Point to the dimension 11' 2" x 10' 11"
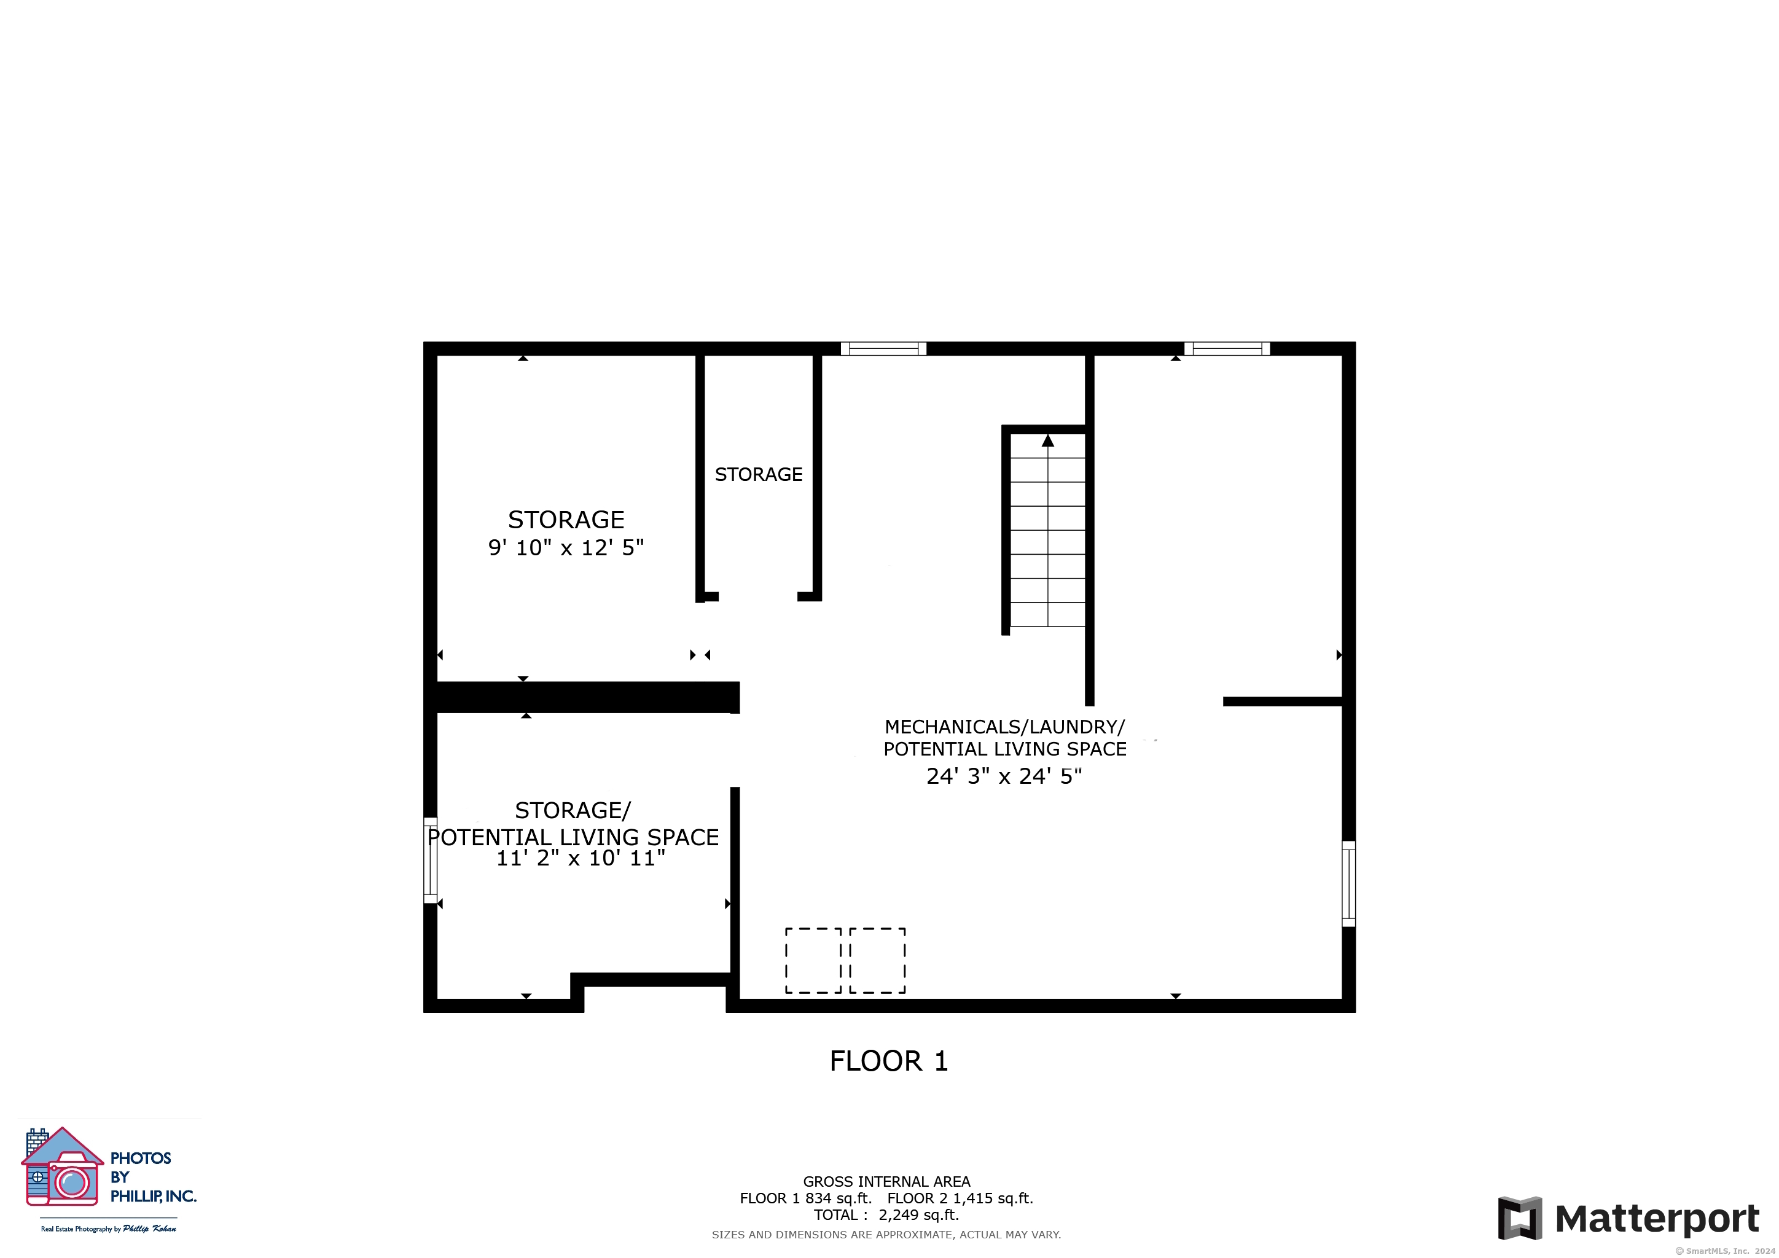point(581,858)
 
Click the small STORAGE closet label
point(759,474)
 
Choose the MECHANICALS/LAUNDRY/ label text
point(1004,727)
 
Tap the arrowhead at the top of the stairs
point(1047,440)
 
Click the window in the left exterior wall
point(431,860)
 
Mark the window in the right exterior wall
point(1348,883)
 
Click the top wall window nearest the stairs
point(883,348)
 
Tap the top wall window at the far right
point(1227,348)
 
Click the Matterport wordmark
point(1657,1219)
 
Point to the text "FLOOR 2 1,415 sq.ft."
point(960,1198)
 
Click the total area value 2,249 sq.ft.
point(918,1214)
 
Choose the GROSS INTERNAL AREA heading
point(886,1181)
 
